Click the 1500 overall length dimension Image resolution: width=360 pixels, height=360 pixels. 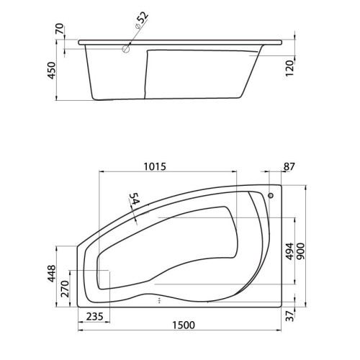[184, 325]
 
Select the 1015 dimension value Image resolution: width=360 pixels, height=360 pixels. [155, 166]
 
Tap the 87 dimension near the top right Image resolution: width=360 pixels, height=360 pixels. [289, 166]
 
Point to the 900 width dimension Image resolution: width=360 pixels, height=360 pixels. [301, 251]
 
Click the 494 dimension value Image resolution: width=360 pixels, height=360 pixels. [289, 251]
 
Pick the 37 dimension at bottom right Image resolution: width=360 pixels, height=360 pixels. [290, 316]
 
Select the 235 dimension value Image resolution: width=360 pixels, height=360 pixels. [94, 317]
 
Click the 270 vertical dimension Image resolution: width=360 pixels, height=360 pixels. [65, 289]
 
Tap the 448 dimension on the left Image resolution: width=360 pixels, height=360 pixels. [51, 274]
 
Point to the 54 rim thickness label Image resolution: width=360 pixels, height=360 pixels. [135, 199]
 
